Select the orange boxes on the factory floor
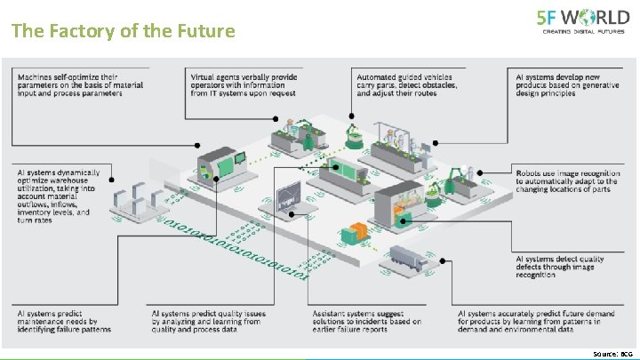[356, 233]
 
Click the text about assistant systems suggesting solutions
[367, 321]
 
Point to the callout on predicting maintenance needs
[64, 321]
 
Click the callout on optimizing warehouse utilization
[52, 192]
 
